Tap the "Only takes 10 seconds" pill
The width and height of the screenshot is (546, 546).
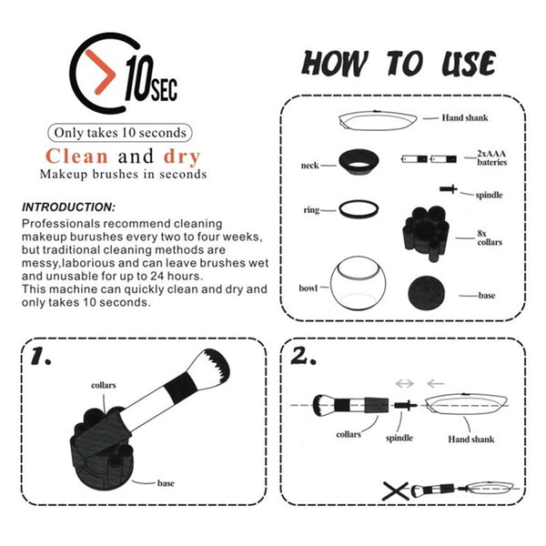point(120,133)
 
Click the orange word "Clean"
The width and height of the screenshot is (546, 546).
point(76,157)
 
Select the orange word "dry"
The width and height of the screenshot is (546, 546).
point(182,157)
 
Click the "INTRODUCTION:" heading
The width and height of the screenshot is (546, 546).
point(68,207)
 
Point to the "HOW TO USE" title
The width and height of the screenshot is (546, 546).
point(399,64)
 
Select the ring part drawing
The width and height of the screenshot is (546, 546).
point(359,209)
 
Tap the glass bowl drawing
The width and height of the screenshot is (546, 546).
point(359,283)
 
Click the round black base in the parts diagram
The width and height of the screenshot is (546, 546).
point(426,293)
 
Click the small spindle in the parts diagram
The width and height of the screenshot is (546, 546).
point(449,189)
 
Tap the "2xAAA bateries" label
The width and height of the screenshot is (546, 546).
point(491,157)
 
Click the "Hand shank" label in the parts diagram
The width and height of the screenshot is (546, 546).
point(465,117)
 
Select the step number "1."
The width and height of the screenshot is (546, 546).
point(41,356)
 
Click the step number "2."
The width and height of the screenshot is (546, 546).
point(303,356)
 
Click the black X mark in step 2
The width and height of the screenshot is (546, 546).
point(396,491)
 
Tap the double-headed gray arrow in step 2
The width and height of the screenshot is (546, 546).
point(405,384)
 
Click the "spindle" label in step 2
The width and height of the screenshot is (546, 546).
point(399,438)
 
